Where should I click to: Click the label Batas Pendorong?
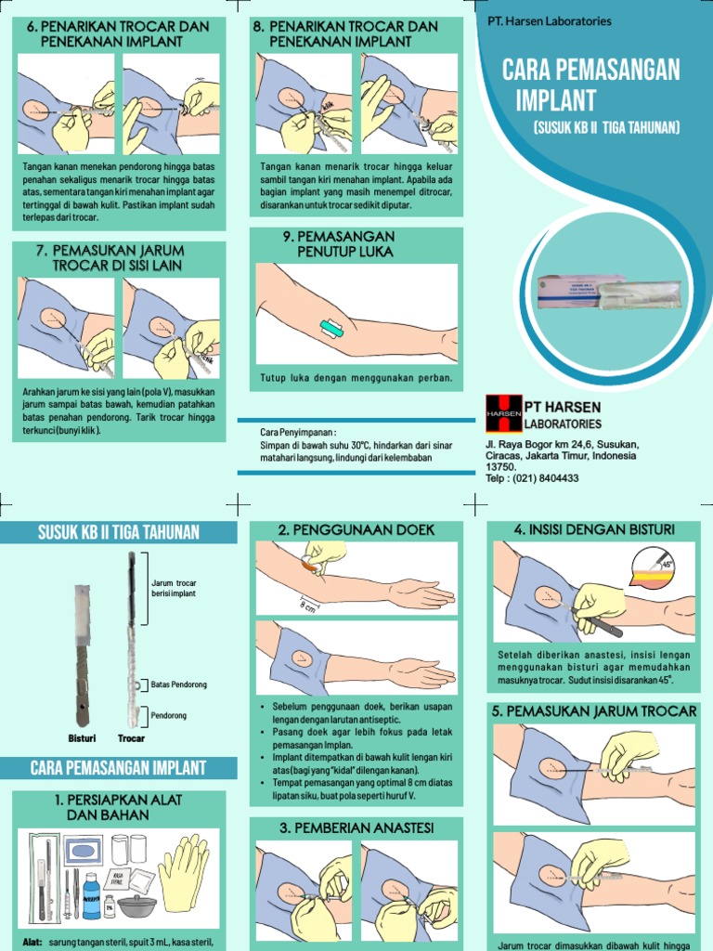(x=178, y=684)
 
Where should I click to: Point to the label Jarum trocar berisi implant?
(x=174, y=588)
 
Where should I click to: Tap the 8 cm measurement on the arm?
(x=307, y=606)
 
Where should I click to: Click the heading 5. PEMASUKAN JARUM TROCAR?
(x=594, y=711)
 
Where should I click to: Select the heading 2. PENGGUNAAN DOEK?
(x=356, y=529)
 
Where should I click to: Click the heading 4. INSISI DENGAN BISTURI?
(x=594, y=529)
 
